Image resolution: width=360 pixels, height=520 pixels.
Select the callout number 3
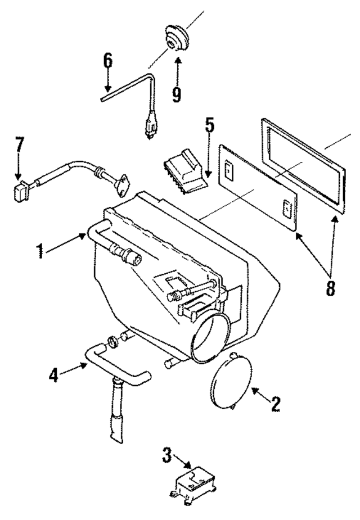point(167,455)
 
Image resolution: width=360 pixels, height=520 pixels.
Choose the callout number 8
point(330,287)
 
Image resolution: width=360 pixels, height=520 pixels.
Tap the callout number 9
point(177,92)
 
